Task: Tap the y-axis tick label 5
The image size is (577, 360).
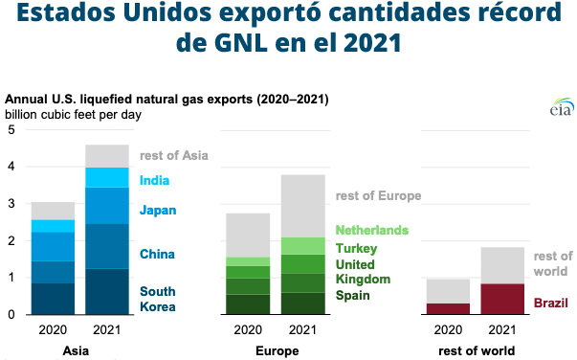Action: click(x=11, y=130)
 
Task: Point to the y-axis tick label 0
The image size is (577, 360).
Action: click(x=11, y=314)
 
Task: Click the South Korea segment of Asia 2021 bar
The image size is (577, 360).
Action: click(x=107, y=291)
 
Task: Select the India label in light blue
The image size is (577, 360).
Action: click(x=155, y=180)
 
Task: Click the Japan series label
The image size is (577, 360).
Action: click(x=158, y=211)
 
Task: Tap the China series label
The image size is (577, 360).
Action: click(x=157, y=255)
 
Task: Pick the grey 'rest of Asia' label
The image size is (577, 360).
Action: click(x=173, y=155)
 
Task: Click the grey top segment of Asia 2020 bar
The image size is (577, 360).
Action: click(x=53, y=211)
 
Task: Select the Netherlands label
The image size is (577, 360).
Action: click(x=371, y=231)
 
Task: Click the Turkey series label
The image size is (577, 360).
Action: click(x=355, y=248)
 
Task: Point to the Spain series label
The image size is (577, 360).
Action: click(x=353, y=295)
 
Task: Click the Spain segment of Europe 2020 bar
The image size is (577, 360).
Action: click(x=247, y=304)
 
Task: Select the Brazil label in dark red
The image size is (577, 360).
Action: click(x=551, y=303)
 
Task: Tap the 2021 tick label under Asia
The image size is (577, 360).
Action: click(x=107, y=331)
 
